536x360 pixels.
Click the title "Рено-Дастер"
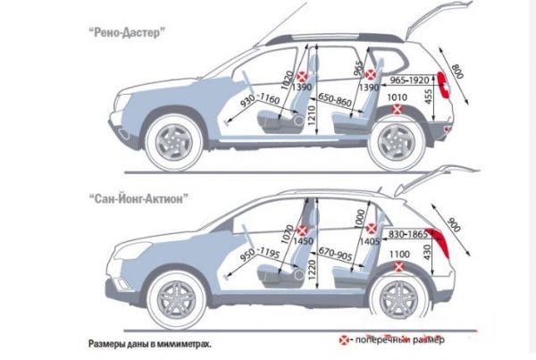tap(127, 32)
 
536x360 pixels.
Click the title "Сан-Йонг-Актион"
tap(138, 198)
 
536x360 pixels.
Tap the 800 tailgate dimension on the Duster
tap(457, 71)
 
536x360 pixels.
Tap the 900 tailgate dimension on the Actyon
tap(454, 224)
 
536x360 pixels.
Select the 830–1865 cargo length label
tap(408, 234)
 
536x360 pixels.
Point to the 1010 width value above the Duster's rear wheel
tap(397, 97)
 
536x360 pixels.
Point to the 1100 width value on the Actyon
tap(399, 255)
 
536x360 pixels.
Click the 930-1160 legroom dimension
tap(260, 100)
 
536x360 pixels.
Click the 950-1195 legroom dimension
tap(260, 254)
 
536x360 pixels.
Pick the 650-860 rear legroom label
tap(334, 99)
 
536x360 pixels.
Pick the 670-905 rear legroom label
tap(335, 254)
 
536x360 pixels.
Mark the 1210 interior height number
tap(312, 115)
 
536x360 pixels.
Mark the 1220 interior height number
tap(312, 270)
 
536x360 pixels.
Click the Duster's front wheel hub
tap(174, 143)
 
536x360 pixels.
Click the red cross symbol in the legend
tap(344, 339)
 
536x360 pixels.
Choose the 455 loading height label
tap(428, 97)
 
